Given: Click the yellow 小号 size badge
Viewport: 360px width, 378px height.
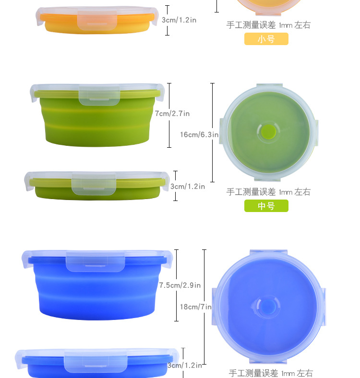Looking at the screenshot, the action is (x=266, y=39).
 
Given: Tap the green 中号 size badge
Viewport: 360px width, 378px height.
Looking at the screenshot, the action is (x=266, y=206).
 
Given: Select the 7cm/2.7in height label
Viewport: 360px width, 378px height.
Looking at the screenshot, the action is (x=172, y=113).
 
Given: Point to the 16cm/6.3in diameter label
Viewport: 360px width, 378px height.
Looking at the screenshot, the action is (x=199, y=134).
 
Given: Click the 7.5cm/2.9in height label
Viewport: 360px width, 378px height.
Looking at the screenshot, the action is (x=180, y=285).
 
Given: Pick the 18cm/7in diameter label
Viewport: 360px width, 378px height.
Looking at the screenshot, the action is (x=196, y=307).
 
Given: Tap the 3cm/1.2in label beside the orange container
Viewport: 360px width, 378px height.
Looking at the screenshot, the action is (x=179, y=20).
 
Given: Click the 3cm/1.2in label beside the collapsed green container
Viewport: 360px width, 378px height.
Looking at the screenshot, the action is (x=188, y=186).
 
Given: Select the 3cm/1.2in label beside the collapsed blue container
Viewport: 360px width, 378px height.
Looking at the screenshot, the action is (x=185, y=366).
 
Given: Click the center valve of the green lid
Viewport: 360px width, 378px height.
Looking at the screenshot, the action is (x=268, y=131).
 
